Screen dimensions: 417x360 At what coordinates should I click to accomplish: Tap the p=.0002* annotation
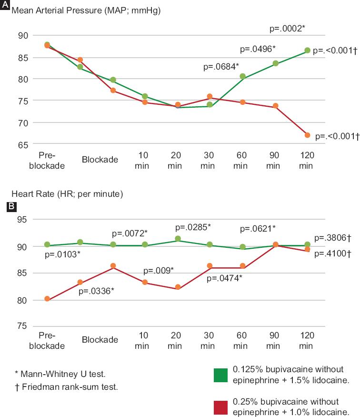287,29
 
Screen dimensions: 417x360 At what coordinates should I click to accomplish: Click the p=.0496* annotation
258,49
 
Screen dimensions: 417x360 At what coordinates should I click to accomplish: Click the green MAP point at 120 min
307,51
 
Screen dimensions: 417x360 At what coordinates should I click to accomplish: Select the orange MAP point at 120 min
307,135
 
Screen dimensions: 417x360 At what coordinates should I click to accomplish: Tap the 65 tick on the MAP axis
23,144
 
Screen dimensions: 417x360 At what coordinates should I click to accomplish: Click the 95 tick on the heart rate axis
23,220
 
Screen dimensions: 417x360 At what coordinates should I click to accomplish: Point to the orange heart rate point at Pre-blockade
47,299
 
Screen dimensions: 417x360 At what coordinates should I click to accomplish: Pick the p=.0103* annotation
62,255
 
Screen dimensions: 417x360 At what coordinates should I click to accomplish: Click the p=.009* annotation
159,271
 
